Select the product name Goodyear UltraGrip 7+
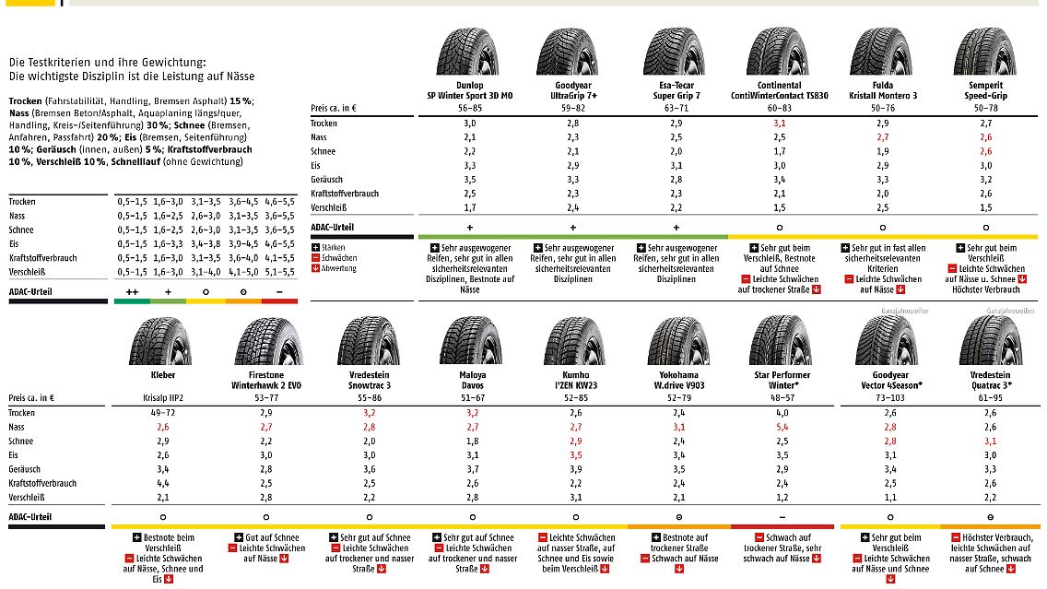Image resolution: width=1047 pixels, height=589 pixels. tap(573, 90)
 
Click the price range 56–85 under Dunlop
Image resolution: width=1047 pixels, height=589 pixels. tap(470, 108)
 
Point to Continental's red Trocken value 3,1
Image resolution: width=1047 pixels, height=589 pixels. tap(780, 123)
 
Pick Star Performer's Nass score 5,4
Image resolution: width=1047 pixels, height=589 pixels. tap(782, 428)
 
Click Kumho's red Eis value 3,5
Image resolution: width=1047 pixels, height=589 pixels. tap(576, 455)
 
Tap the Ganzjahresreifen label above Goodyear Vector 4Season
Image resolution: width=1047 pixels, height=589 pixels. tap(885, 312)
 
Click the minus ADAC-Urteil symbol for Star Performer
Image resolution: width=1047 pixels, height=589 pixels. tap(782, 517)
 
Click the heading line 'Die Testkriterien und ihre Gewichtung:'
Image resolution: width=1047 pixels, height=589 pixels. tap(108, 62)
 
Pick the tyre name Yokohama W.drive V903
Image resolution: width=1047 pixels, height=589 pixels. tap(678, 381)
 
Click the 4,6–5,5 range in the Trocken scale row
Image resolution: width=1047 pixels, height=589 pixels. tap(279, 201)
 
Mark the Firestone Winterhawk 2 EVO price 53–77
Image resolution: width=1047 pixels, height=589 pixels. tap(266, 398)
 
